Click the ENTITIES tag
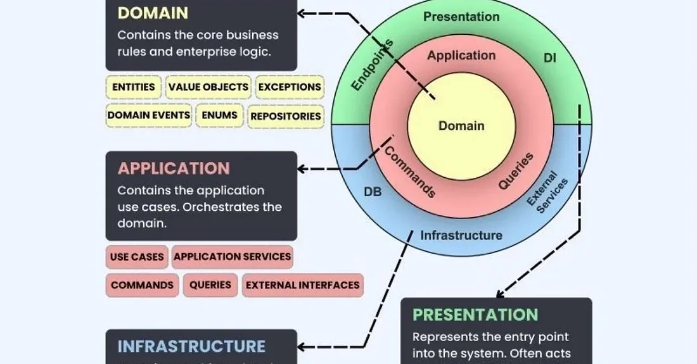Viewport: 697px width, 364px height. [134, 87]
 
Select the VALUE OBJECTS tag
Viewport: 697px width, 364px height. [208, 87]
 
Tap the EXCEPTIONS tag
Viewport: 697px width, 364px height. [290, 87]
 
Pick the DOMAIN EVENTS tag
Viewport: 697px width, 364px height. [149, 115]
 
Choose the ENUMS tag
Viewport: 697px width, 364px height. [220, 115]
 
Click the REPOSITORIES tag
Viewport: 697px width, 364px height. [286, 116]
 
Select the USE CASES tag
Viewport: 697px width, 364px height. [137, 257]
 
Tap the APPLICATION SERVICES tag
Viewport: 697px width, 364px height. [233, 257]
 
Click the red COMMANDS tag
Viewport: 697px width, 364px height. [142, 285]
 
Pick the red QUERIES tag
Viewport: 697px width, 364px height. [210, 285]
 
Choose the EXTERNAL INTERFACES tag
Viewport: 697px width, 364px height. [303, 285]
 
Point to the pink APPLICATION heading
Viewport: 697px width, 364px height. [174, 168]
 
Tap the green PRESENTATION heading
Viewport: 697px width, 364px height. [475, 315]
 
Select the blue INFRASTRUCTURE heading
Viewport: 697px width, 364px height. [191, 346]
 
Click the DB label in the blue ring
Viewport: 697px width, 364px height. [373, 191]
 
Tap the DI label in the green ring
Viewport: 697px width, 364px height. [550, 58]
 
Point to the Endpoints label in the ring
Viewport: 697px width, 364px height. [373, 66]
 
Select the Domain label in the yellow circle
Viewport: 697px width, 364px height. [461, 126]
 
